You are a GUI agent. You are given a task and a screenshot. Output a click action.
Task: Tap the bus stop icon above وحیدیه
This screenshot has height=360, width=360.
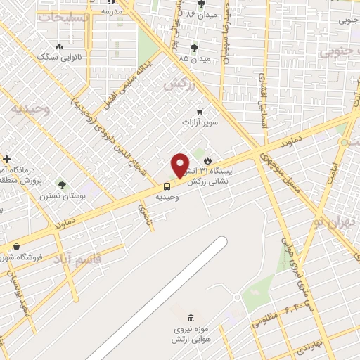pos(167,186)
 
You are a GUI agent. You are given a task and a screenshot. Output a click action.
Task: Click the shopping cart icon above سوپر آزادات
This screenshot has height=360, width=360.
pos(200,111)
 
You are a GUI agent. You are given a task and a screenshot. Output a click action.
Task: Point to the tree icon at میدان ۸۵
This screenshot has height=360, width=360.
pos(194,48)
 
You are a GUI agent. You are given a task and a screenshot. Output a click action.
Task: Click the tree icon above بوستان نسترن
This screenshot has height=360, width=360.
pos(62,186)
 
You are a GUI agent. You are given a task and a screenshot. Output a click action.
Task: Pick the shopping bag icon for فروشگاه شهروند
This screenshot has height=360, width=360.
pos(16,247)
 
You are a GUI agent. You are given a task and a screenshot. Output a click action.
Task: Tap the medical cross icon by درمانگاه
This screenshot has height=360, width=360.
pos(6,160)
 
